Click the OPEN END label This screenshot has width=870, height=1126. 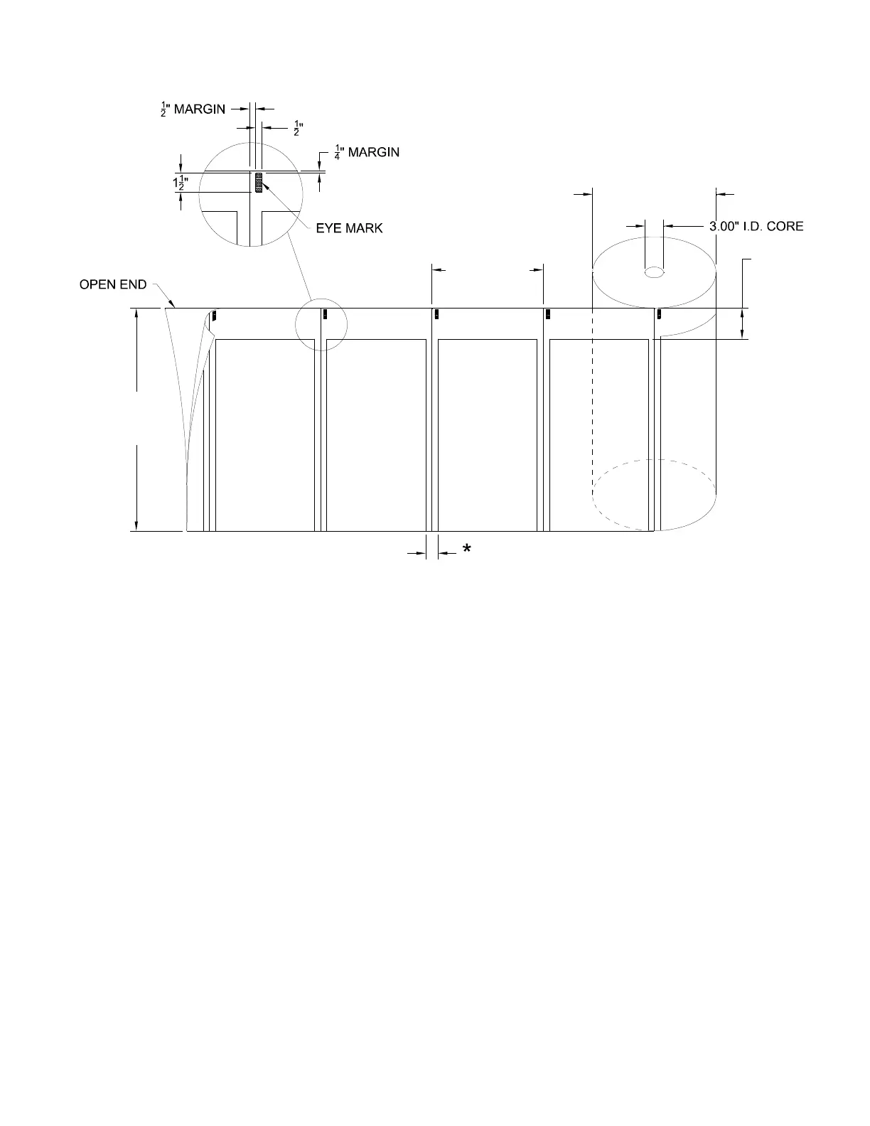(112, 285)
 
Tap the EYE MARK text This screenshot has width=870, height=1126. (349, 228)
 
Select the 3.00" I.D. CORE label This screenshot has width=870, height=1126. (756, 226)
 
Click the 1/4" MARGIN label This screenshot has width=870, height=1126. (367, 152)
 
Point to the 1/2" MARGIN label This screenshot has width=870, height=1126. (193, 109)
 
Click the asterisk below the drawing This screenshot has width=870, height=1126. (467, 549)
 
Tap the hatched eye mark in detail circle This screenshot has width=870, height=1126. (259, 183)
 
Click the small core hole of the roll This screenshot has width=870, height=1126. (654, 272)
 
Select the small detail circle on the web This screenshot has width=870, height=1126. (321, 325)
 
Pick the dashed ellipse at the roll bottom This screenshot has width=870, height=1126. (654, 493)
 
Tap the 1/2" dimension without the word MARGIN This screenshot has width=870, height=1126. (298, 129)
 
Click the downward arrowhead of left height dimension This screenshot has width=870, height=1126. (136, 525)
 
